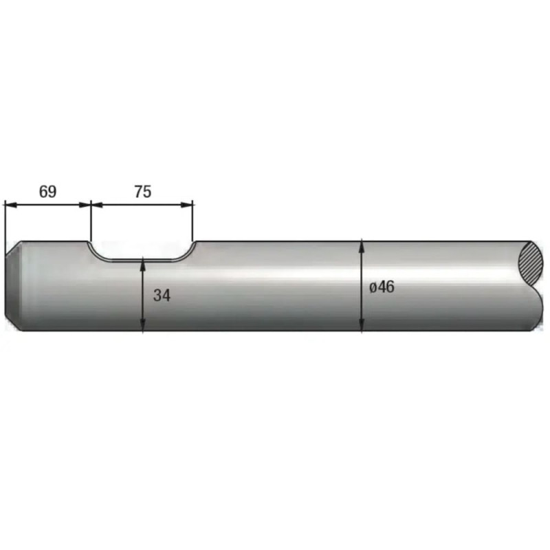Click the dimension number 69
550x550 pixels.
click(x=47, y=192)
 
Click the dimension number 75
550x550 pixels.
click(x=143, y=192)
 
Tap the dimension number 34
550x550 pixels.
click(x=162, y=296)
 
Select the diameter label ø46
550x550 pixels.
click(x=382, y=287)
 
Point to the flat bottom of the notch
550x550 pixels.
click(x=142, y=260)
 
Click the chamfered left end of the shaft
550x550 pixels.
click(x=13, y=285)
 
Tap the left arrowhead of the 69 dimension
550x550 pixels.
click(x=10, y=204)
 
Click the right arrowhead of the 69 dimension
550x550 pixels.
click(x=85, y=204)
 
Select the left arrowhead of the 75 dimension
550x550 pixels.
click(x=97, y=204)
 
